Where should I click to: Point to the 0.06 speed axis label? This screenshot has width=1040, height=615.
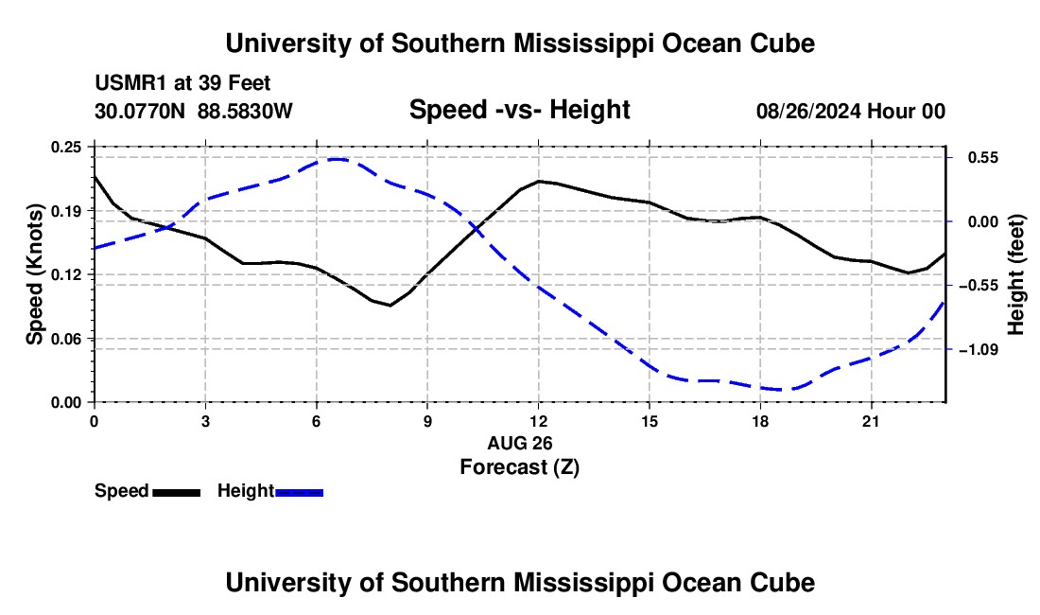coord(66,339)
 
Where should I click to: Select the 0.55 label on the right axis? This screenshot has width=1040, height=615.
coord(983,158)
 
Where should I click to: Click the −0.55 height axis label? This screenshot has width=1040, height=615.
coord(979,286)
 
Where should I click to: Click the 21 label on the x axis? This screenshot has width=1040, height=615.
coord(871,421)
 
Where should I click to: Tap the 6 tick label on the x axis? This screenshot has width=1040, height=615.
coord(317,421)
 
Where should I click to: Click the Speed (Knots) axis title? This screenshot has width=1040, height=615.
coord(34,274)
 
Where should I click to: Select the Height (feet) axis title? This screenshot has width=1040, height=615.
coord(1015,274)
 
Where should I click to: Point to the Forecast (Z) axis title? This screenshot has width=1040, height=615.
coord(519,467)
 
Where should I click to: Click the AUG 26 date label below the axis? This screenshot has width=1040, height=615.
coord(520,443)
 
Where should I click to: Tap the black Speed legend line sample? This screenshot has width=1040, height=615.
coord(177,492)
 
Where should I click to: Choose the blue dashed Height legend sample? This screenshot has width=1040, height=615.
coord(299,492)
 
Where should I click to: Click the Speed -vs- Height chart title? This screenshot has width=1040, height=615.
coord(519,110)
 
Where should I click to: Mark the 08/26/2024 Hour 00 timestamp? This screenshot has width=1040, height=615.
coord(851,111)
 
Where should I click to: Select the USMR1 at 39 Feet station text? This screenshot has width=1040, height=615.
coord(182,83)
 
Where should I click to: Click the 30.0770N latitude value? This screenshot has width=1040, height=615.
coord(140,111)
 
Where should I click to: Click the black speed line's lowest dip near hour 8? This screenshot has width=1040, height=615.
coord(390,306)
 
